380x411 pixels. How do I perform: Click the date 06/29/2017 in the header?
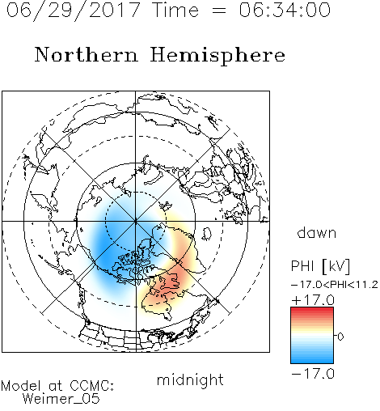(x=74, y=11)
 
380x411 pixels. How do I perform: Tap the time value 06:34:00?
(x=285, y=10)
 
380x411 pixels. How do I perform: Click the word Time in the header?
(x=175, y=10)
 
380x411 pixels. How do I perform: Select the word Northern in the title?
(x=87, y=54)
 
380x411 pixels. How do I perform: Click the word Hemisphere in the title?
(x=217, y=56)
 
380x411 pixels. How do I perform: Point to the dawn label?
(x=317, y=232)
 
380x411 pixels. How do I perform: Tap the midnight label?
(x=190, y=379)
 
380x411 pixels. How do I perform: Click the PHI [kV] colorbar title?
(x=321, y=266)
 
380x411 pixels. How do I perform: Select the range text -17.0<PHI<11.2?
(x=335, y=285)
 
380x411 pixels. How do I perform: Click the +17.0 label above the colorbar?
(x=313, y=300)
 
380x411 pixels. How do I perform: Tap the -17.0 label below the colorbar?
(x=313, y=374)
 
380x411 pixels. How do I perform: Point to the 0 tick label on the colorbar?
(x=340, y=337)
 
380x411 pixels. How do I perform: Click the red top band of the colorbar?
(x=312, y=311)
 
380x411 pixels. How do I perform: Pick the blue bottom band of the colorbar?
(x=312, y=360)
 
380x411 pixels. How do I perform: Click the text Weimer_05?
(x=61, y=399)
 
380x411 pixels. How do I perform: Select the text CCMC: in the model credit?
(x=92, y=386)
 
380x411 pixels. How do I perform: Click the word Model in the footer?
(x=21, y=386)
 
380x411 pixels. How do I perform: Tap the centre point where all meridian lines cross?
(x=136, y=221)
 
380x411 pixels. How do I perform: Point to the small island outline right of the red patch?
(x=207, y=234)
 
